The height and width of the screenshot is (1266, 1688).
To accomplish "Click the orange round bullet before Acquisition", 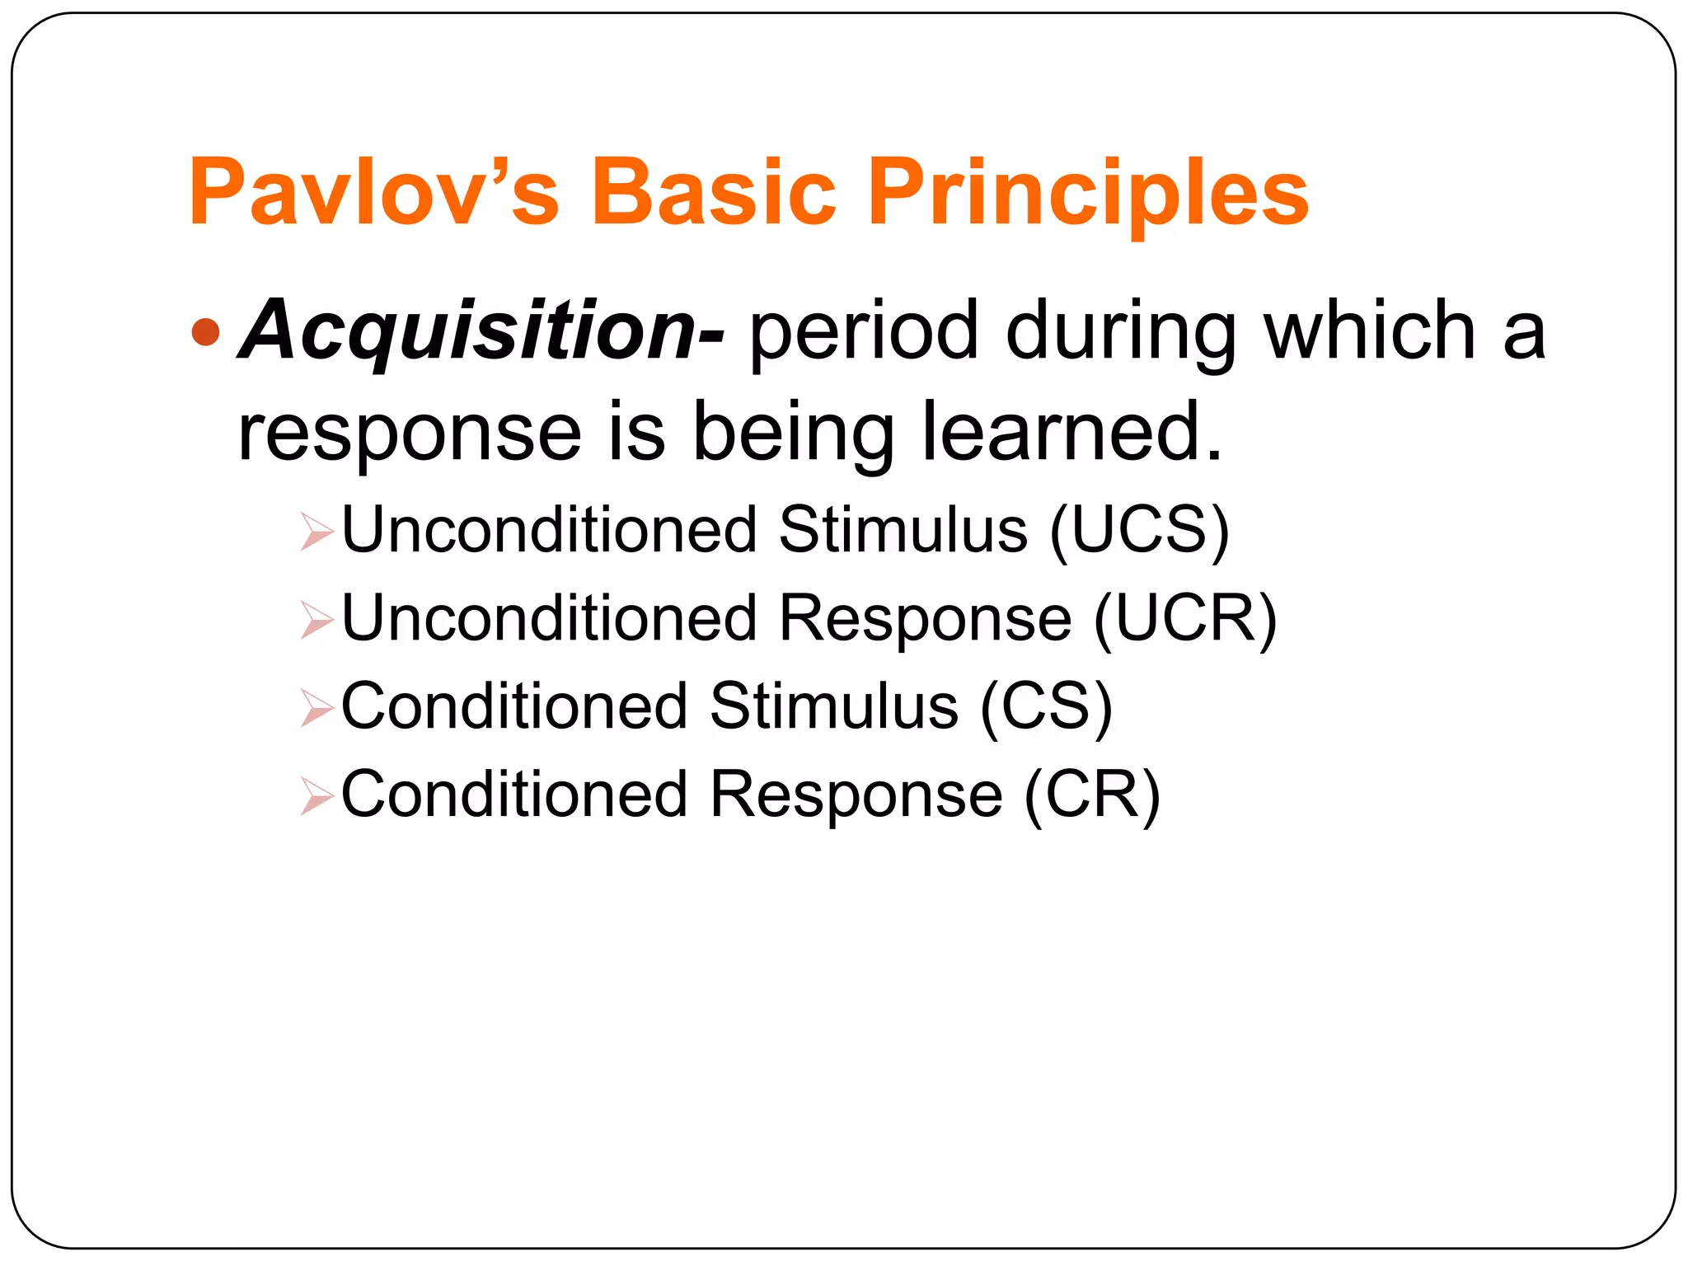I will [x=205, y=332].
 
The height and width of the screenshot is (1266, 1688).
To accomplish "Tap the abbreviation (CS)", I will [x=1046, y=707].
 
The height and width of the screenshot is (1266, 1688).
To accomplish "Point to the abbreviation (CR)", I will [x=1091, y=795].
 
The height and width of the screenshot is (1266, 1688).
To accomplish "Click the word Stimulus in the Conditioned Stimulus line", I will [x=833, y=706].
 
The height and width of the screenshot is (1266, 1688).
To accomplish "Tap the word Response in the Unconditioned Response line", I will [x=924, y=619].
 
